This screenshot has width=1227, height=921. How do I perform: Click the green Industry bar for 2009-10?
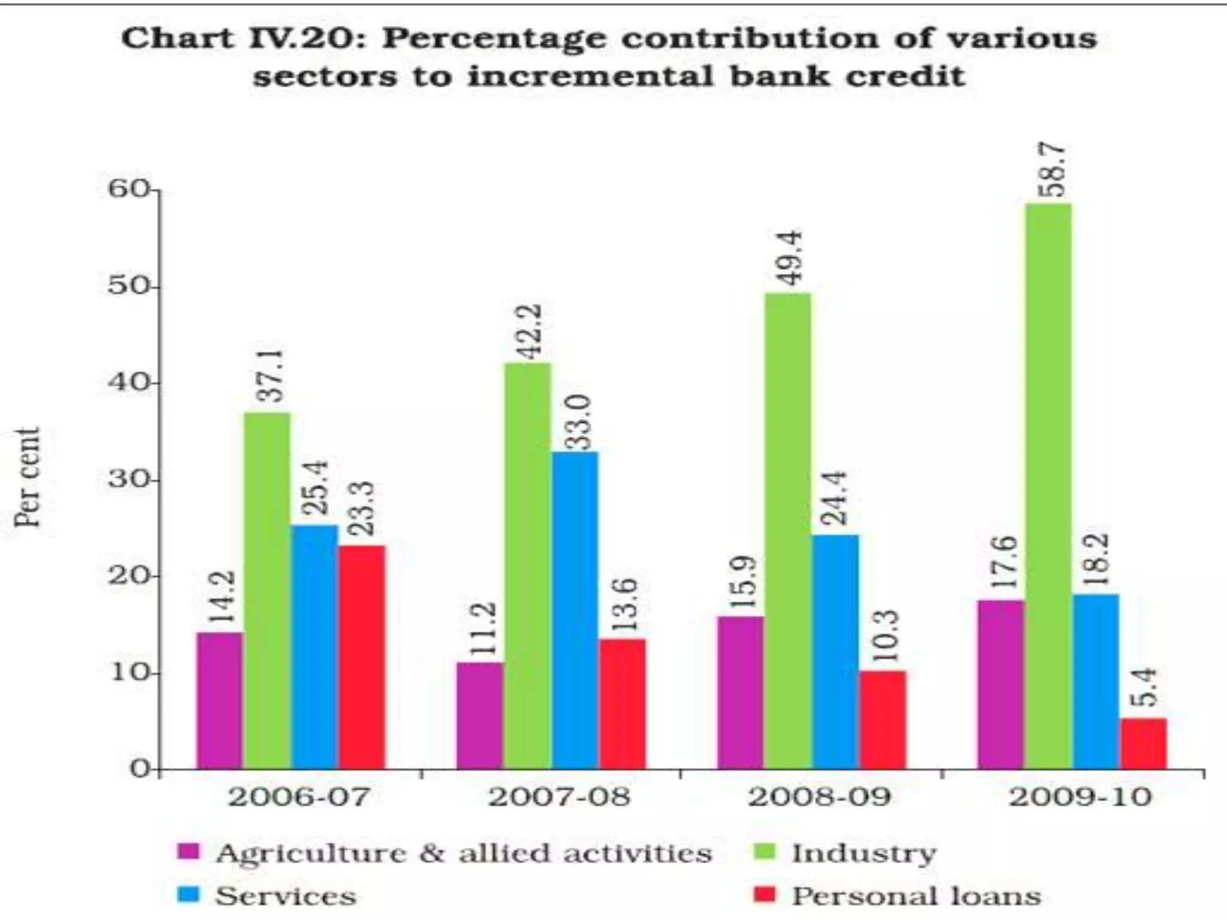point(1048,486)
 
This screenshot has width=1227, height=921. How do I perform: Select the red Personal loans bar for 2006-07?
point(362,657)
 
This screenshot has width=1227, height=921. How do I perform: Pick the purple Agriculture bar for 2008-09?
point(741,693)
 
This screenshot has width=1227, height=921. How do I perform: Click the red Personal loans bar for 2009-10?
point(1143,744)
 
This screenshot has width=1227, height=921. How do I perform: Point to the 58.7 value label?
point(1053,170)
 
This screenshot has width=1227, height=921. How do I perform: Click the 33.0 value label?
point(579,422)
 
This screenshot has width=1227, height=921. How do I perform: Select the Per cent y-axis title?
point(28,477)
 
